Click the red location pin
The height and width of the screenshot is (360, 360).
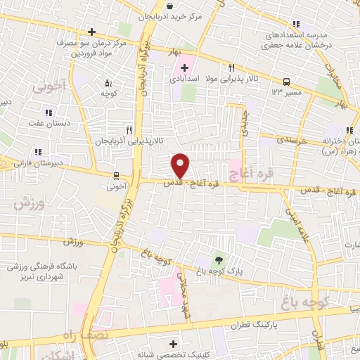click(x=181, y=165)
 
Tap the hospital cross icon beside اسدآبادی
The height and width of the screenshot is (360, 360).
click(x=184, y=68)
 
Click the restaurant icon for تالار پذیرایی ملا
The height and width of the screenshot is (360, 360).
click(x=231, y=67)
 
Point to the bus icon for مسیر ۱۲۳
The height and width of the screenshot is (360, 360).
click(x=287, y=82)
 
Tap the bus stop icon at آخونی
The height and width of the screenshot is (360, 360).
click(x=117, y=176)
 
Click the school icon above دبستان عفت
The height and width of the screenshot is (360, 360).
click(x=48, y=112)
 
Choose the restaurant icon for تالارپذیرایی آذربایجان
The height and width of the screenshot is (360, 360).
click(x=128, y=130)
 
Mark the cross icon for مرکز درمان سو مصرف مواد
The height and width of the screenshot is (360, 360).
click(x=91, y=32)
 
